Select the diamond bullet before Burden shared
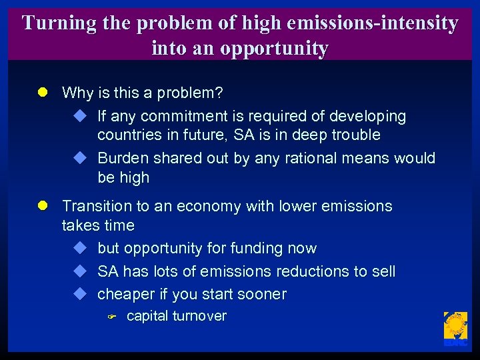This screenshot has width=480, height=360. tap(80, 158)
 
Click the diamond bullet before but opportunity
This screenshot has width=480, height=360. tap(80, 248)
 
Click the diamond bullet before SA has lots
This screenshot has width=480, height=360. tap(80, 271)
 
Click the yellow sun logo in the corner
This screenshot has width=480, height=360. tap(455, 327)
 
